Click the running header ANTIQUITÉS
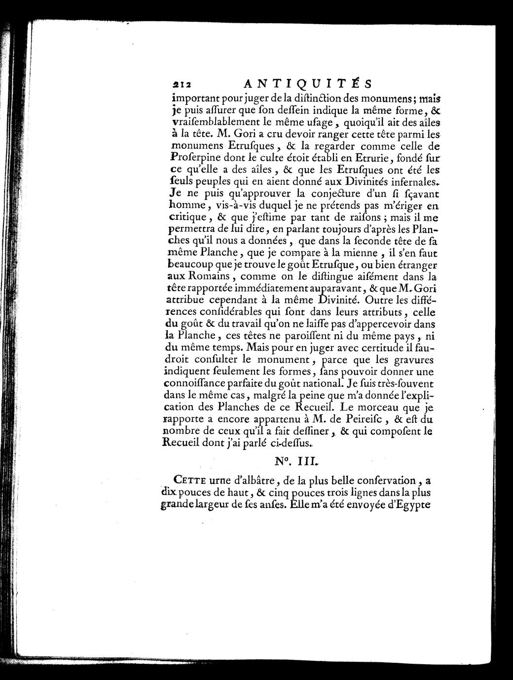pyautogui.click(x=307, y=82)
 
